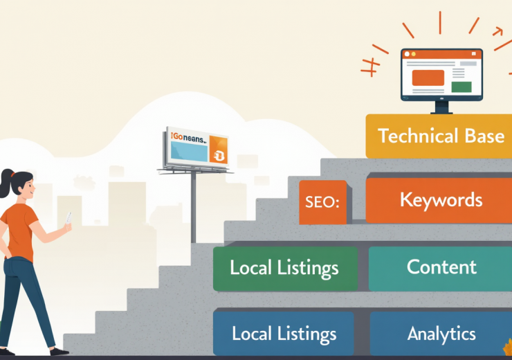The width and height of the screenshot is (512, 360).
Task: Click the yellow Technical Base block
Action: pyautogui.click(x=440, y=136)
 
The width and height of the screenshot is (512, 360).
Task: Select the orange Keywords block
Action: pyautogui.click(x=440, y=200)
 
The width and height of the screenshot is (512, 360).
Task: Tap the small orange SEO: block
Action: pyautogui.click(x=322, y=203)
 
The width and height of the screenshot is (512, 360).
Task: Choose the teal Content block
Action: pyautogui.click(x=441, y=267)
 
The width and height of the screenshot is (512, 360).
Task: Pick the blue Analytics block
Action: pyautogui.click(x=441, y=333)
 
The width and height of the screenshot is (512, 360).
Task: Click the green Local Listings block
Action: pyautogui.click(x=284, y=268)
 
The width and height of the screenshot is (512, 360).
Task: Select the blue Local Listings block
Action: pyautogui.click(x=283, y=333)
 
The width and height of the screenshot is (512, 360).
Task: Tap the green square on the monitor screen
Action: pyautogui.click(x=461, y=87)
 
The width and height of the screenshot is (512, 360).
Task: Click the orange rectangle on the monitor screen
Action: pyautogui.click(x=428, y=78)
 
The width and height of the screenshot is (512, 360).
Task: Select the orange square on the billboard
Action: pyautogui.click(x=217, y=156)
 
